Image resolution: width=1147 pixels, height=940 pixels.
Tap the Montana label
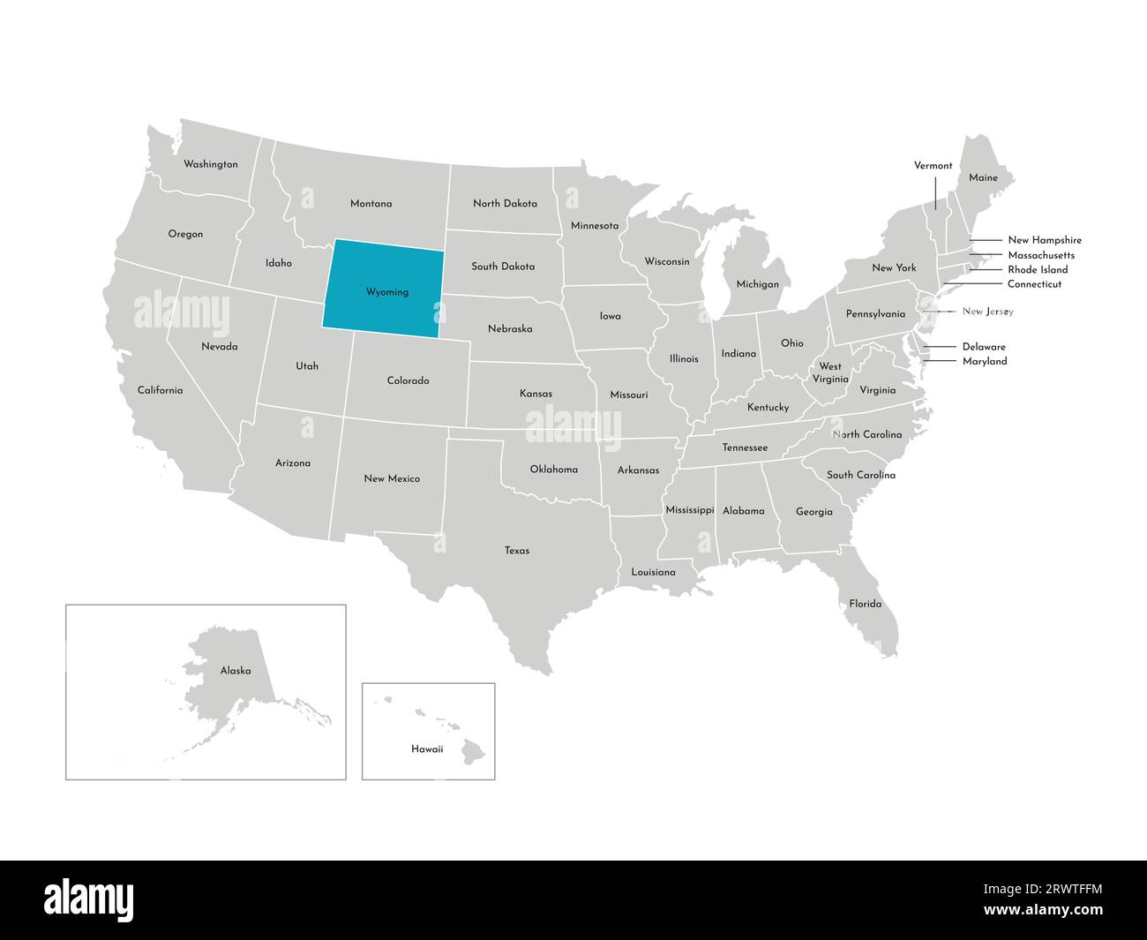point(371,204)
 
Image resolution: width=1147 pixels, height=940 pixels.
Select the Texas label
point(517,551)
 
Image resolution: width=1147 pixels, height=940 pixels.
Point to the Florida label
point(865,604)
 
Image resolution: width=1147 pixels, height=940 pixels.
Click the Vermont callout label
point(933,166)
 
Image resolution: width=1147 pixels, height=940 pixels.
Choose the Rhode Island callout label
point(1038,270)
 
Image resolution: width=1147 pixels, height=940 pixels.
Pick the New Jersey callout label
point(987,312)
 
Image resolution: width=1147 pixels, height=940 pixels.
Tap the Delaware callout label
point(984,347)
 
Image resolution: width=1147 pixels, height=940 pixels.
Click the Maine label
point(983,178)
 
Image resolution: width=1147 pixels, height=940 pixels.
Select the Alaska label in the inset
point(236,671)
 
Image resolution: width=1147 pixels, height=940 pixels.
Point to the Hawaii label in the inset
point(427,749)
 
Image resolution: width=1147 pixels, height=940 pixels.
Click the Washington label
point(210,164)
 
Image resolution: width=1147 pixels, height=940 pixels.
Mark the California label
point(160,390)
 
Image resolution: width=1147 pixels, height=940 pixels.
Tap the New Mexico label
point(392,478)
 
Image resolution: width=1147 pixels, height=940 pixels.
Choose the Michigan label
point(758,284)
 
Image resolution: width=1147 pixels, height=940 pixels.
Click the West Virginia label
point(829,372)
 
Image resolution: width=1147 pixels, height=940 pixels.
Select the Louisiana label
point(653,573)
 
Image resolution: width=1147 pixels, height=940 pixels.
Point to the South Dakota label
point(503,267)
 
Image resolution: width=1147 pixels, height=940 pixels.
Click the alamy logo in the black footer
point(89,899)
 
